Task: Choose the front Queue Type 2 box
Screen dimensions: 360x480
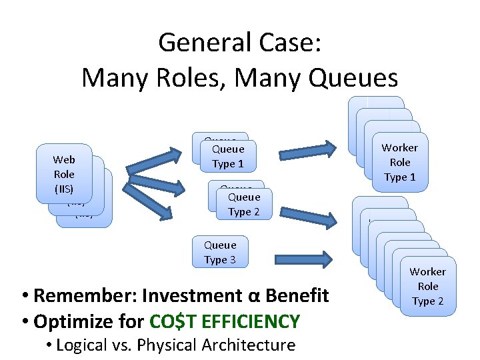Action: (244, 205)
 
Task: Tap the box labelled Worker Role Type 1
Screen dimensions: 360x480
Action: (400, 162)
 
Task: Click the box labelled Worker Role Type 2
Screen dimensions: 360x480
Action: (428, 286)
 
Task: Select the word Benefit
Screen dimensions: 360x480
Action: (296, 295)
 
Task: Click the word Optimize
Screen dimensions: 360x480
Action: (72, 321)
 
